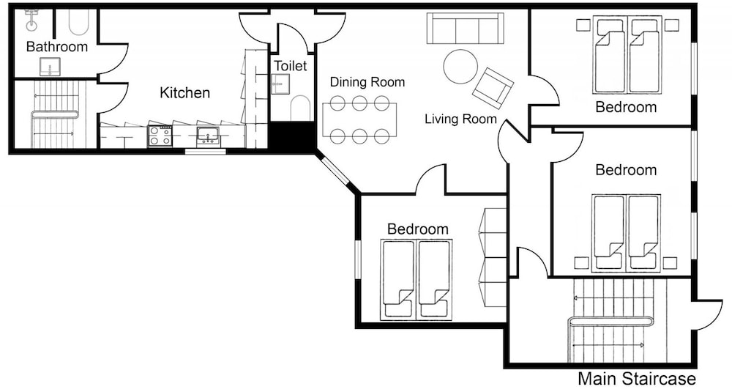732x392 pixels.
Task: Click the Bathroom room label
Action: click(57, 46)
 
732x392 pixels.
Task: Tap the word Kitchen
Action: click(185, 92)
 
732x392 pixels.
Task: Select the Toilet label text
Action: click(291, 65)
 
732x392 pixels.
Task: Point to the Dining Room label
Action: click(367, 82)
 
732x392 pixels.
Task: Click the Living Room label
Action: click(460, 119)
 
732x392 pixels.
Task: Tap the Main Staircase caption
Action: click(637, 379)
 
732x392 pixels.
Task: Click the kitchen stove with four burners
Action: click(160, 136)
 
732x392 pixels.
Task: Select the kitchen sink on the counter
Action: click(208, 136)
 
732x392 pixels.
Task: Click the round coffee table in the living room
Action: click(460, 67)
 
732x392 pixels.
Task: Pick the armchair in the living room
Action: click(493, 89)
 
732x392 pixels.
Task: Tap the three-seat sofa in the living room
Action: click(465, 28)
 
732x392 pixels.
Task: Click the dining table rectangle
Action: click(359, 119)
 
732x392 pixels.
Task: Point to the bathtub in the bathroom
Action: click(78, 22)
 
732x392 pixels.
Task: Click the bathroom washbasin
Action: click(50, 67)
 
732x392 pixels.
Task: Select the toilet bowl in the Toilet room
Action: click(300, 108)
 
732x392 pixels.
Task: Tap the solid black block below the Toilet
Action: click(293, 136)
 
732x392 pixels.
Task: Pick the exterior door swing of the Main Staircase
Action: click(710, 314)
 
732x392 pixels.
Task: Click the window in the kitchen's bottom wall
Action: click(206, 152)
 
